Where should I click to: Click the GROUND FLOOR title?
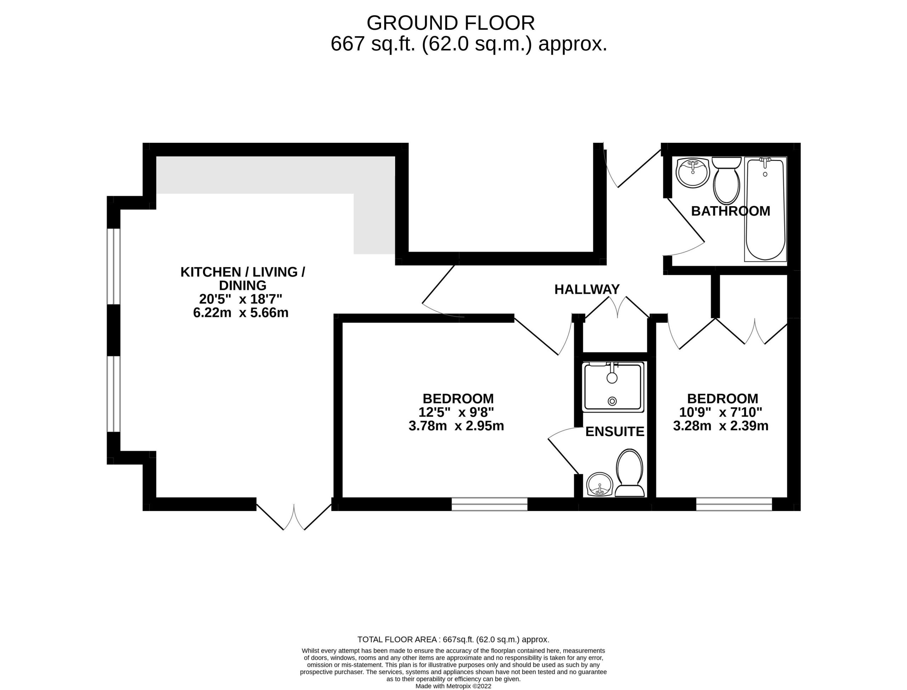(450, 23)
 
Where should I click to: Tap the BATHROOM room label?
(730, 211)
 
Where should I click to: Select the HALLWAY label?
(587, 289)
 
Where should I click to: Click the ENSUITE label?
(614, 432)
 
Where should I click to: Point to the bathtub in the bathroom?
(765, 209)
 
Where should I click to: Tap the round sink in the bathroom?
(693, 172)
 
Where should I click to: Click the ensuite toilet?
(630, 473)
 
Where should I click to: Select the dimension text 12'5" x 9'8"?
(456, 412)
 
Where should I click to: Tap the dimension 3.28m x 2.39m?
(721, 425)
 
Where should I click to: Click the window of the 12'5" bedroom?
(489, 504)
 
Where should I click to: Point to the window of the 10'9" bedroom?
(734, 504)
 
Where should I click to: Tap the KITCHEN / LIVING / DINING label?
(243, 278)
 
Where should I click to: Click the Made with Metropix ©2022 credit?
(453, 686)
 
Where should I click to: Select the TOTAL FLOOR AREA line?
(453, 639)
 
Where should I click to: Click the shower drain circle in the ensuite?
(612, 401)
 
